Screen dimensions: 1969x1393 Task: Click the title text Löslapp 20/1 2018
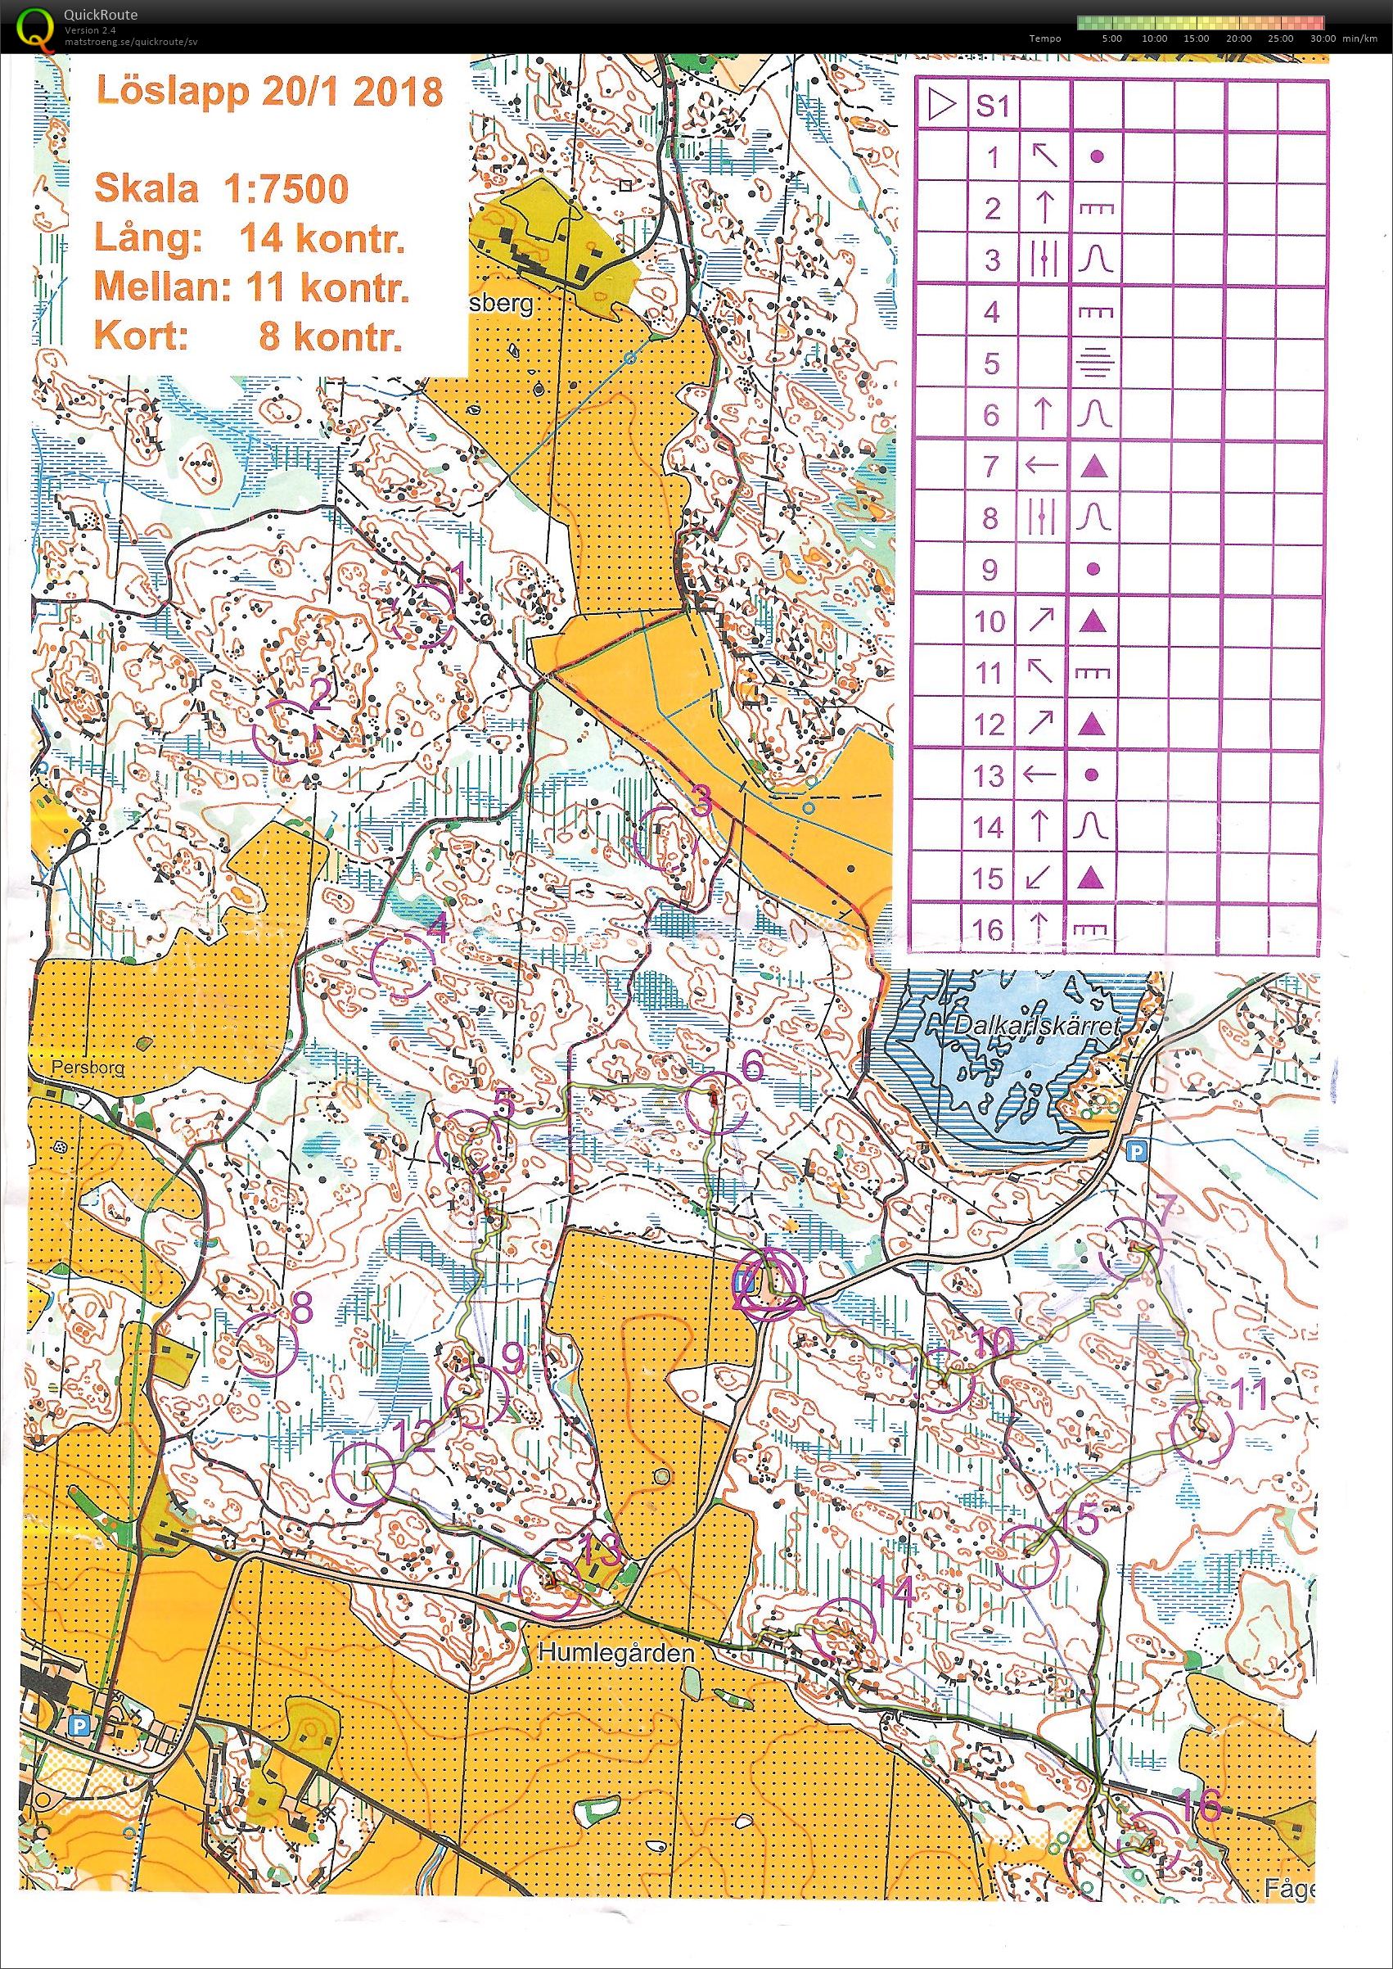[269, 91]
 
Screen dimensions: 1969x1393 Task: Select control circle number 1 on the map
[422, 614]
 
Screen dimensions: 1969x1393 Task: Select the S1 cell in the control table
[993, 106]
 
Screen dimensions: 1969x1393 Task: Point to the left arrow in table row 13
[1041, 775]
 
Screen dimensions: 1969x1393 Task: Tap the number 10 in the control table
[990, 621]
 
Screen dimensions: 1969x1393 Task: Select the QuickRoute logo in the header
[34, 25]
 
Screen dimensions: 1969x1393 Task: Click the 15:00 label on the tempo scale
[1195, 38]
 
